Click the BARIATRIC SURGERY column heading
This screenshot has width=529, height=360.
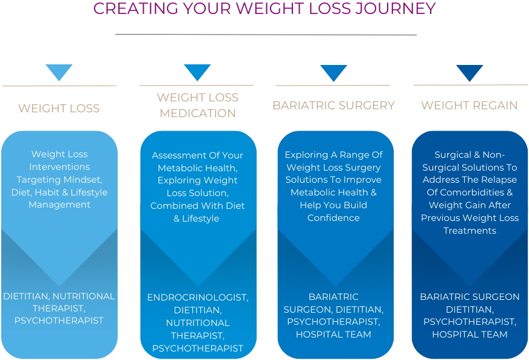coord(334,106)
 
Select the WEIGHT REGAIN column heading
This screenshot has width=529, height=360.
coord(470,106)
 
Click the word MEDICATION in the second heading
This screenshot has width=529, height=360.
coord(198,114)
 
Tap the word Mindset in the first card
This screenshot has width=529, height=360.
coord(88,180)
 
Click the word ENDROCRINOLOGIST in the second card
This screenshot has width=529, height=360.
coord(198,297)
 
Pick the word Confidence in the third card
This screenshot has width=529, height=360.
coord(334,218)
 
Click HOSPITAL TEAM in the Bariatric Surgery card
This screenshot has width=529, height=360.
coord(334,335)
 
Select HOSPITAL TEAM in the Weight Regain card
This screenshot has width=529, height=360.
coord(470,335)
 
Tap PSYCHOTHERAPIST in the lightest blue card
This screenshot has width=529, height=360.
coord(59,321)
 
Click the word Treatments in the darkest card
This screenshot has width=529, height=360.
coord(470,231)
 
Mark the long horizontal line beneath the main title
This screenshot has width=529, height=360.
coord(266,35)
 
